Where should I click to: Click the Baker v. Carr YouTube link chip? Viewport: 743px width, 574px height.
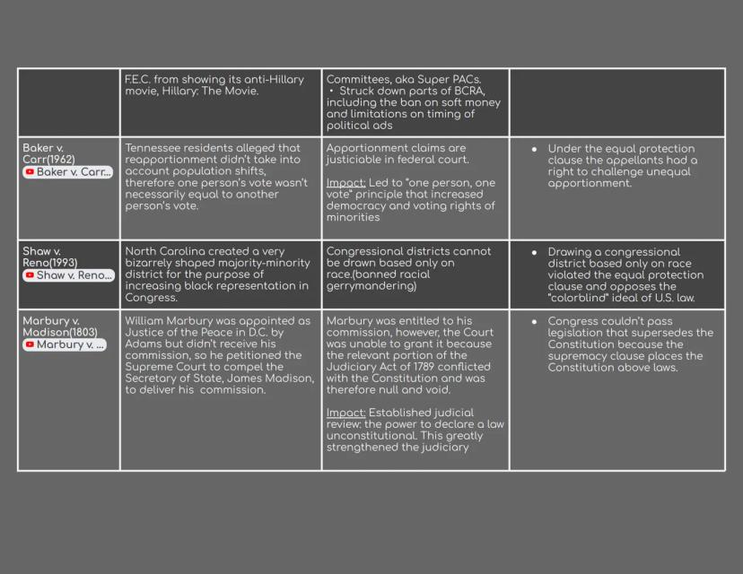click(x=68, y=171)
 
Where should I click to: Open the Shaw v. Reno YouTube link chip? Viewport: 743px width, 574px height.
click(x=68, y=275)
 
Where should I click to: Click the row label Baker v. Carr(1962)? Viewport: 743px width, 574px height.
click(x=49, y=153)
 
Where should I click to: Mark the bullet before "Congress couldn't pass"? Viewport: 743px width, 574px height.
click(x=535, y=321)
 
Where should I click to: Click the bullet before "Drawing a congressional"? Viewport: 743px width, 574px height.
click(x=535, y=252)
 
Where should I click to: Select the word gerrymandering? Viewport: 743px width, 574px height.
click(x=371, y=286)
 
